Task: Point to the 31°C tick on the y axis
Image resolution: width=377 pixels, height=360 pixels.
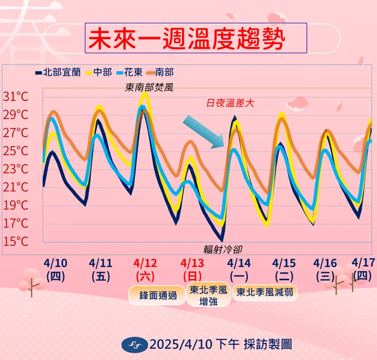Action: (16, 96)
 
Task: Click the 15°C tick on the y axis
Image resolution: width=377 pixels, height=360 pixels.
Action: (16, 242)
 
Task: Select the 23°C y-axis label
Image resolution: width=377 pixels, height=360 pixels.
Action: (16, 169)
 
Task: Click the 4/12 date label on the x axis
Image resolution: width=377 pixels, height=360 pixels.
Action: (145, 263)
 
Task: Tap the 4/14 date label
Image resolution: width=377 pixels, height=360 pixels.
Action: (239, 263)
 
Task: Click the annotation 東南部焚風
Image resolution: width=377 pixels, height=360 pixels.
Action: (149, 87)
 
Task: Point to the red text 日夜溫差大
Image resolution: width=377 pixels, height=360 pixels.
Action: (231, 104)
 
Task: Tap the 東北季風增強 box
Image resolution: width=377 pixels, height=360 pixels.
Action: (207, 296)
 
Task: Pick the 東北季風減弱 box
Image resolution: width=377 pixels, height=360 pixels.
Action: (264, 291)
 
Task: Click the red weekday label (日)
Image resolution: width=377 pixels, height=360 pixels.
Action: (193, 276)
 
